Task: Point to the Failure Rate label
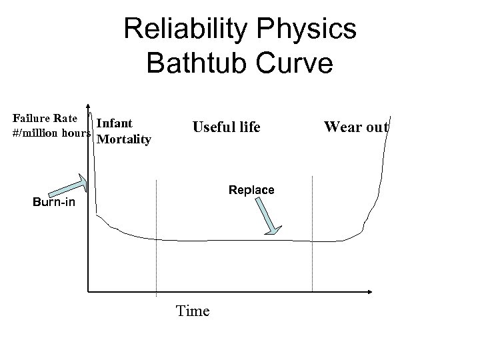(x=45, y=118)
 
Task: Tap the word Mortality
(x=125, y=139)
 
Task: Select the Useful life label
(x=226, y=127)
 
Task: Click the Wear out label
(x=356, y=127)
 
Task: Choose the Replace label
(x=251, y=190)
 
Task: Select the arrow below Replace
(x=267, y=217)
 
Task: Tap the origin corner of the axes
(x=88, y=291)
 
